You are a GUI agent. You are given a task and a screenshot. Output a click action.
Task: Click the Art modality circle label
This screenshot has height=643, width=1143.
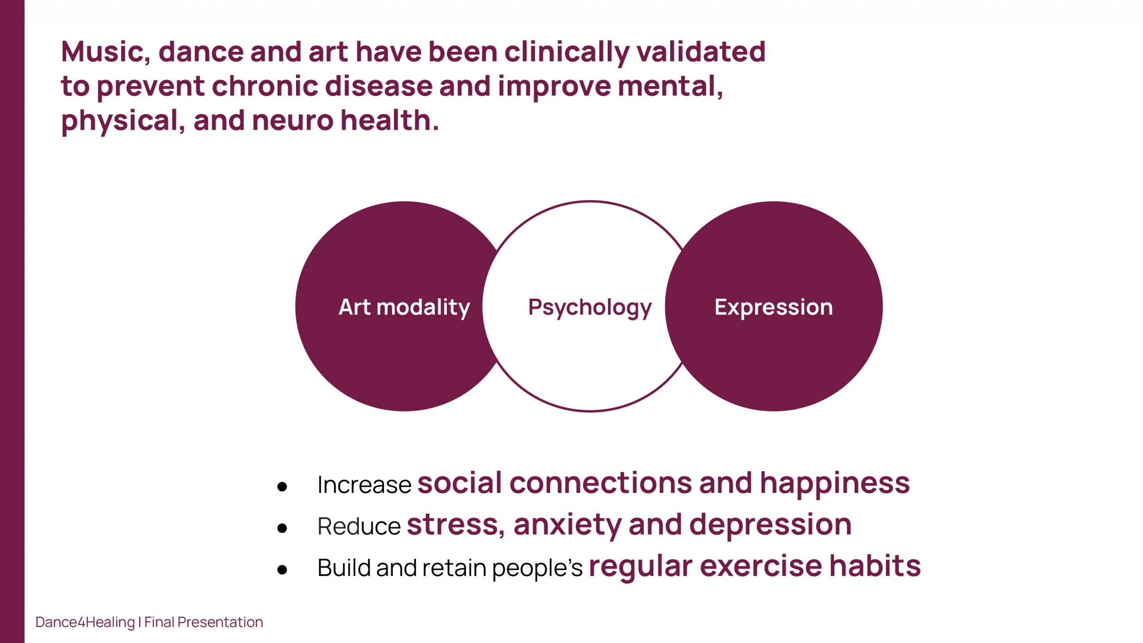[404, 307]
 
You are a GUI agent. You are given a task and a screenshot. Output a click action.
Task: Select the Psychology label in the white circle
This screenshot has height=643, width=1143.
[590, 308]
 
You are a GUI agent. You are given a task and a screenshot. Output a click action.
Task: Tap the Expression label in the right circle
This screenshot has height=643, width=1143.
[774, 308]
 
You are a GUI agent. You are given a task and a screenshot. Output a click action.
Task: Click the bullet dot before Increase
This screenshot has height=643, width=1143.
[282, 487]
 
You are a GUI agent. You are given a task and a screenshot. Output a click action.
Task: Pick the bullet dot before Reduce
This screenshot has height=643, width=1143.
[282, 528]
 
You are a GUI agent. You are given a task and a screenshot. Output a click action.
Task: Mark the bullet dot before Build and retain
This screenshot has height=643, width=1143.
[282, 569]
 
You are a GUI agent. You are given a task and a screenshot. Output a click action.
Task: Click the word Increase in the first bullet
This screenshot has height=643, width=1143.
[364, 485]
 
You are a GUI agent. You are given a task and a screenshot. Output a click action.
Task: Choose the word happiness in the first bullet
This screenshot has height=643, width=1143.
[834, 484]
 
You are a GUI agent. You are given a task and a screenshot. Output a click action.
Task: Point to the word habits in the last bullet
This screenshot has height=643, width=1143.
[875, 566]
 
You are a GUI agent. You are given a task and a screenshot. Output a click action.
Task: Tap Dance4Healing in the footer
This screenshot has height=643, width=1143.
[85, 622]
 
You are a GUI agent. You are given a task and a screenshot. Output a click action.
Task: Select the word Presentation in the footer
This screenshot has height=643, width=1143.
[220, 622]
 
